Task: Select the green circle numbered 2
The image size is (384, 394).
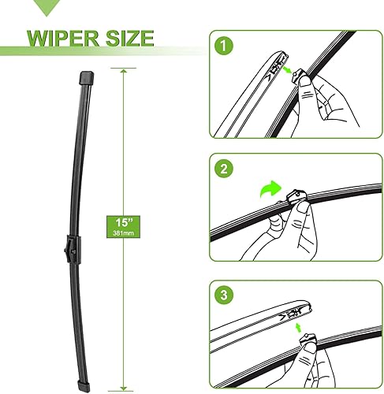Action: tap(227, 168)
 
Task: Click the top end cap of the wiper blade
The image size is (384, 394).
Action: tap(86, 77)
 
